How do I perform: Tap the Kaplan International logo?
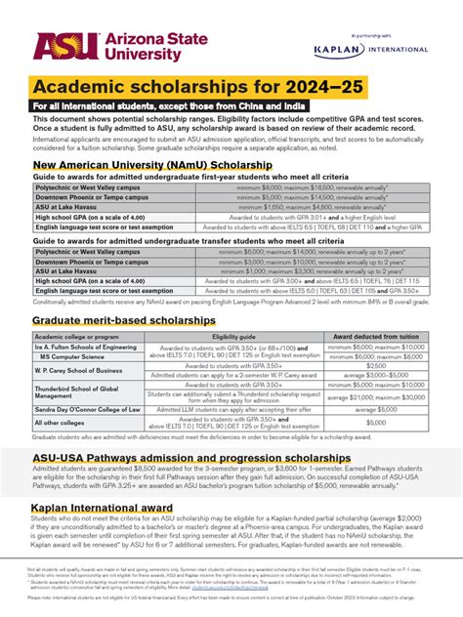[x=372, y=49]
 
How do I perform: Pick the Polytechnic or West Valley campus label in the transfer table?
[x=87, y=252]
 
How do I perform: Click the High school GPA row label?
[x=88, y=217]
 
